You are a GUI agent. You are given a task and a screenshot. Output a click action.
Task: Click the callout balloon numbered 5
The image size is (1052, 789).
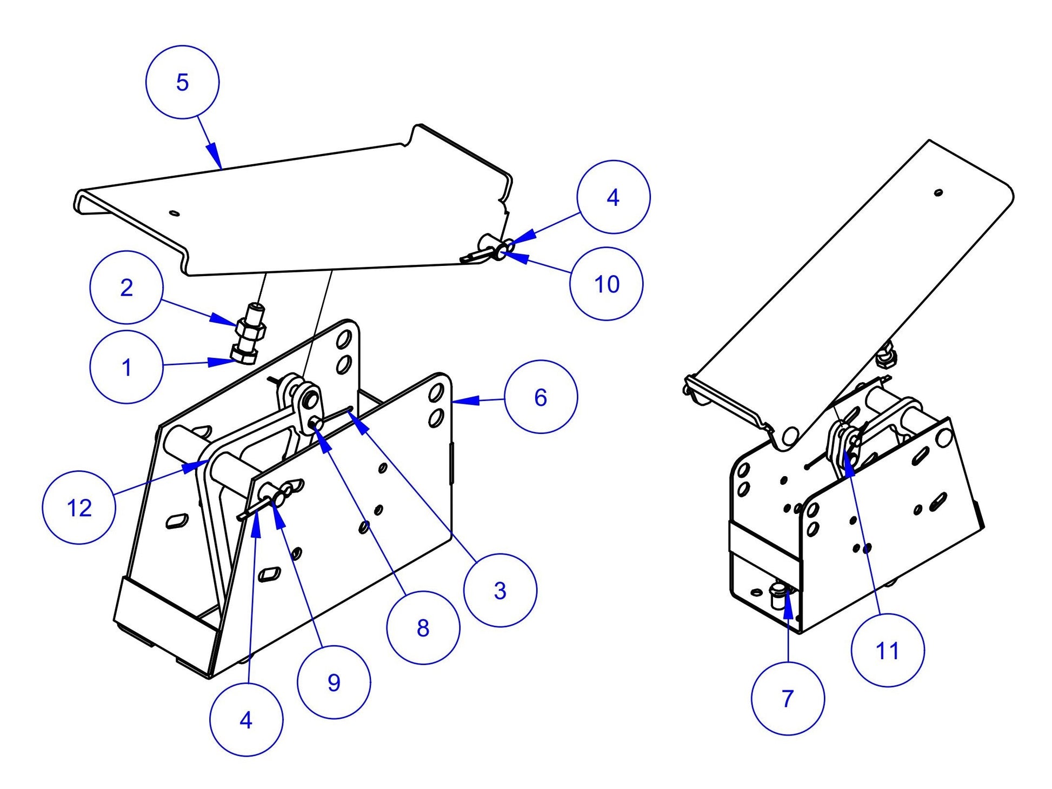click(x=182, y=82)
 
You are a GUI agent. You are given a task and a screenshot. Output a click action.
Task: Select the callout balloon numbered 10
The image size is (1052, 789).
click(x=606, y=284)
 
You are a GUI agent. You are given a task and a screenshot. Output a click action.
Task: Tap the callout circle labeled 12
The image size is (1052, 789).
click(x=79, y=507)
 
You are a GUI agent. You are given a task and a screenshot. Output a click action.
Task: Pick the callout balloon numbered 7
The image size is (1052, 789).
click(x=788, y=699)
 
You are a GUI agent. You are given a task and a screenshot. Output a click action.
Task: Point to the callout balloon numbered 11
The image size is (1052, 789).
click(x=887, y=651)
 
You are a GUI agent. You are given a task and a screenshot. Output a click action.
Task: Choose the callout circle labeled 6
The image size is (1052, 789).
click(x=541, y=397)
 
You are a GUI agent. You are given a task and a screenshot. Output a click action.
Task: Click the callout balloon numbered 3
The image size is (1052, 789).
click(x=500, y=590)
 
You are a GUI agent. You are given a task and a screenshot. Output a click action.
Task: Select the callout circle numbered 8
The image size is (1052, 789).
click(x=423, y=628)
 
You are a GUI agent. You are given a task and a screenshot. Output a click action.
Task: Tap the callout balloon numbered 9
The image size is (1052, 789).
click(x=334, y=683)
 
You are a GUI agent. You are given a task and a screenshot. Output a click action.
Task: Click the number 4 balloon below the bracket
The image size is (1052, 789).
click(x=246, y=720)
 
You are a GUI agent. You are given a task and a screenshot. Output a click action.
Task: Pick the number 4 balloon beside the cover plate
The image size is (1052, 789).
click(x=613, y=197)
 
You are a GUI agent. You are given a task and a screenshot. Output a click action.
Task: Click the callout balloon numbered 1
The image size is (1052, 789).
click(x=126, y=367)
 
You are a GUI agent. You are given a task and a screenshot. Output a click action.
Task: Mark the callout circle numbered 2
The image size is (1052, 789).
click(x=126, y=287)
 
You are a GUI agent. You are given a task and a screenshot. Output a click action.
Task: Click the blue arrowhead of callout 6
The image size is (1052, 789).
click(x=468, y=400)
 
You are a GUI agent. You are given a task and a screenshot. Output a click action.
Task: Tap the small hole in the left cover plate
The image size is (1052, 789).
click(x=174, y=212)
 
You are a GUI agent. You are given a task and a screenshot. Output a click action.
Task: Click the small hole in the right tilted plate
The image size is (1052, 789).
click(x=938, y=192)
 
